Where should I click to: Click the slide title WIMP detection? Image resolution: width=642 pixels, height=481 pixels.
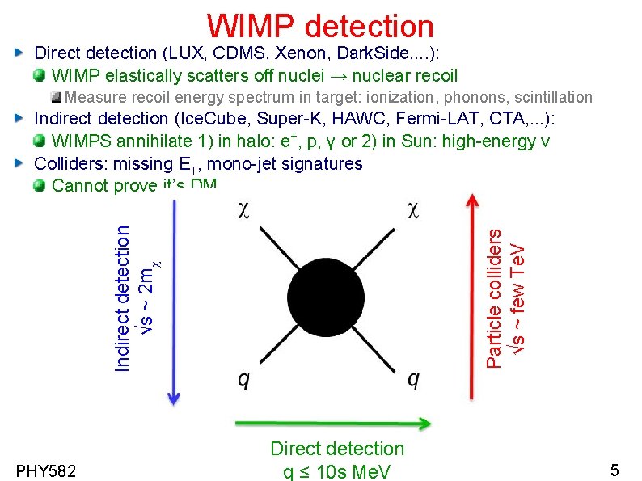point(320,26)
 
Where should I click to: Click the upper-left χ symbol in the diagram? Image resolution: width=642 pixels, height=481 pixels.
point(243,210)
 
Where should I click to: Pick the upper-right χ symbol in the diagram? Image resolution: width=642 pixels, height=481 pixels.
point(413,210)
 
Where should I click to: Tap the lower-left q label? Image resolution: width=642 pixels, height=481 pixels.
point(243,379)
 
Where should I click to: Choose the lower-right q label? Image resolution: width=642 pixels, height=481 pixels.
point(413,379)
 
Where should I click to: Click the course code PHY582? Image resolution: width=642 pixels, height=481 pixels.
point(45,470)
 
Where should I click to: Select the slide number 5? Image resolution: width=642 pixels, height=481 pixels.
point(615,470)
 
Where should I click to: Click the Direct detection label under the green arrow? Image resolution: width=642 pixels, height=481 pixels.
point(337,449)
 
